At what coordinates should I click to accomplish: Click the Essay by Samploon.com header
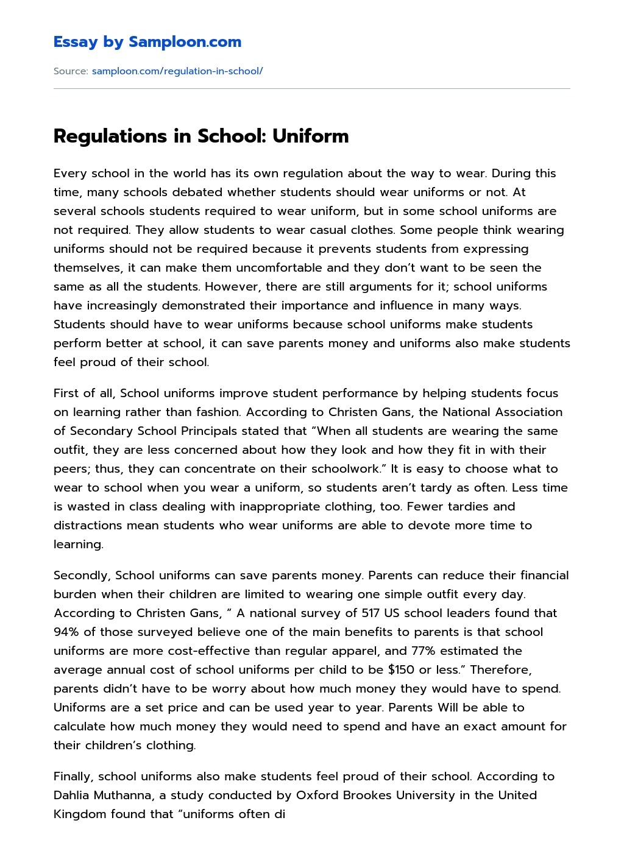pyautogui.click(x=147, y=42)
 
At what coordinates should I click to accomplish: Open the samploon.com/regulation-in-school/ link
pyautogui.click(x=177, y=71)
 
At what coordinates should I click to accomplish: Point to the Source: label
pyautogui.click(x=71, y=71)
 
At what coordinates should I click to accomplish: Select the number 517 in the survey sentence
pyautogui.click(x=370, y=613)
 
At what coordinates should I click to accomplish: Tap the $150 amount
pyautogui.click(x=401, y=669)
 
